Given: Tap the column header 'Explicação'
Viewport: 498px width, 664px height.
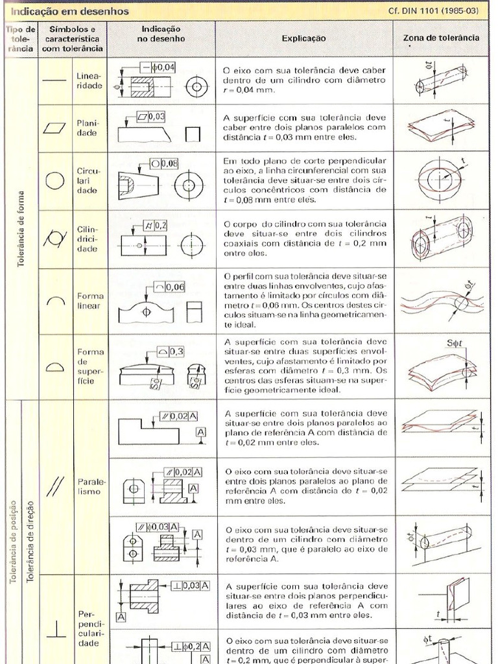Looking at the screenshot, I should (303, 38).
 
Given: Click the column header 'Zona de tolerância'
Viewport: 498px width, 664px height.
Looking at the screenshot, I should (441, 38).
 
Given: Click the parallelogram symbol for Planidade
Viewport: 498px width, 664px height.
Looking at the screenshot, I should (54, 127).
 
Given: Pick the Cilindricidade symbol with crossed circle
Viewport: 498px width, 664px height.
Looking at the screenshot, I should (54, 239).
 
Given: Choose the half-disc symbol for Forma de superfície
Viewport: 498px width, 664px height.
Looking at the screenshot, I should (54, 366).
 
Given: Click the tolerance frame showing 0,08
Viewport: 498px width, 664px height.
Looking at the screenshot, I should (165, 163).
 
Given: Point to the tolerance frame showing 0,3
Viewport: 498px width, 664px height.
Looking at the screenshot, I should (171, 351).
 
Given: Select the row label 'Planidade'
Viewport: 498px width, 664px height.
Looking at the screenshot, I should (88, 127).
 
